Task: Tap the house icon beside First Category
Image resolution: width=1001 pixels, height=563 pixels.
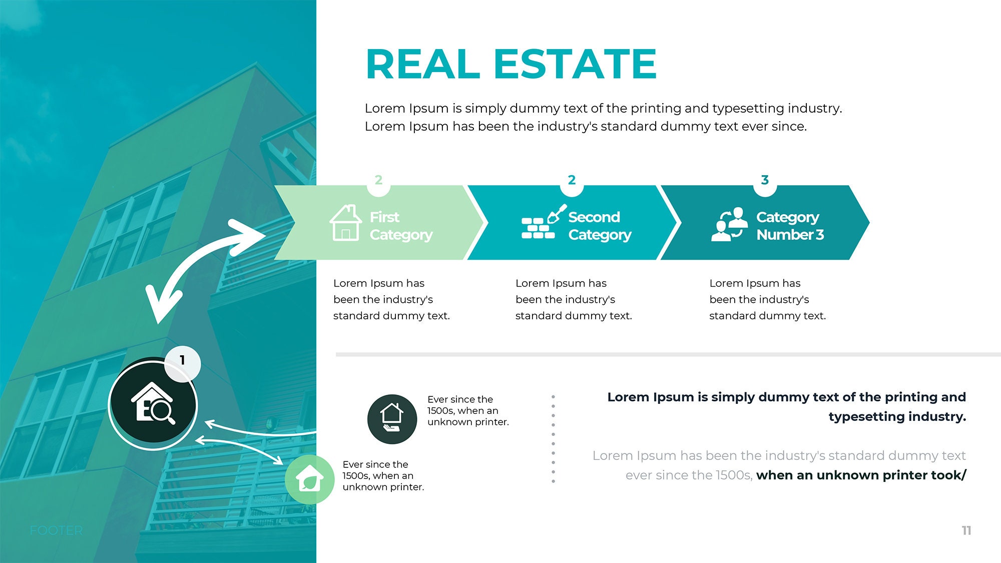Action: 345,223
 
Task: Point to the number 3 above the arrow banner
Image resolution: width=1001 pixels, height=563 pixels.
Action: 765,180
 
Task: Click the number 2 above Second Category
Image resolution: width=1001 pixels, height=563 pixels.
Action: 572,180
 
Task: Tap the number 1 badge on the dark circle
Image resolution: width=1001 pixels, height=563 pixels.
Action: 182,360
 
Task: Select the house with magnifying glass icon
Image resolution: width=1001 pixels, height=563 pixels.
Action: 153,403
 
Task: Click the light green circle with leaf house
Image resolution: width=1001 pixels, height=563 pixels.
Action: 309,479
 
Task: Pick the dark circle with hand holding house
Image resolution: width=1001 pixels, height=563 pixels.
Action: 392,419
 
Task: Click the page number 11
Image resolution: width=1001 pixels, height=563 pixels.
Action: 966,530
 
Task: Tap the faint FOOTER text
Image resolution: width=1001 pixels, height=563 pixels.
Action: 56,530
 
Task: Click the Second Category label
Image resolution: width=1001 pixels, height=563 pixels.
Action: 600,226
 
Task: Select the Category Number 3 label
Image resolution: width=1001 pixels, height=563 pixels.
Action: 790,226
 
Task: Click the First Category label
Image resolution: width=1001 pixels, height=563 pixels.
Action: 401,226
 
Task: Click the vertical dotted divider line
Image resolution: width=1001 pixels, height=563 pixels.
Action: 553,438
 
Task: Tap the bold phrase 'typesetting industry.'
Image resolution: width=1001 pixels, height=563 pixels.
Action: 897,417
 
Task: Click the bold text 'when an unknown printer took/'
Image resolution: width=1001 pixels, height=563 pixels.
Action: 861,475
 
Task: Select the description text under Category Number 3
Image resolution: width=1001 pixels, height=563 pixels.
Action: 767,299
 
